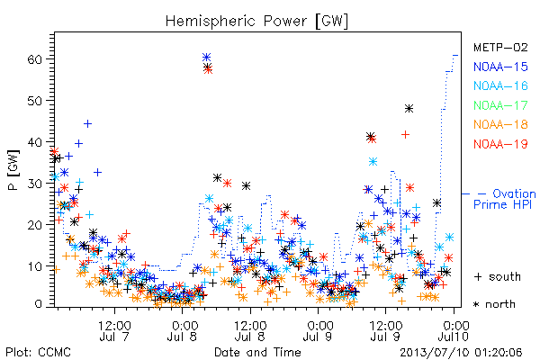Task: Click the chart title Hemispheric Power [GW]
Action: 256,22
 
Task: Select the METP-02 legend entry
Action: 500,47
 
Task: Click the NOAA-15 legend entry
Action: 500,67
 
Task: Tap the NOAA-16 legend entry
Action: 500,85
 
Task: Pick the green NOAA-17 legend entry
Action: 500,105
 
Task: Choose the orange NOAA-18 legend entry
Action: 500,124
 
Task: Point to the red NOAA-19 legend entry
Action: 500,144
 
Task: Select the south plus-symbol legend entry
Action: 498,276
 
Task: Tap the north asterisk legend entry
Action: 494,304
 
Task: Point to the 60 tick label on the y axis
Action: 34,59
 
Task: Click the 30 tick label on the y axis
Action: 34,184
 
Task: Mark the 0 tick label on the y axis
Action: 38,304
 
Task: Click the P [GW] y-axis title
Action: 14,170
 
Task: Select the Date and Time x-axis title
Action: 257,352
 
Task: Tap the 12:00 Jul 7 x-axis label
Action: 114,331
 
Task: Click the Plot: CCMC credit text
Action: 38,352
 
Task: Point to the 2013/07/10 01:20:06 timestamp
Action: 461,352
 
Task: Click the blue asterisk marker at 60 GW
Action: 206,58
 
